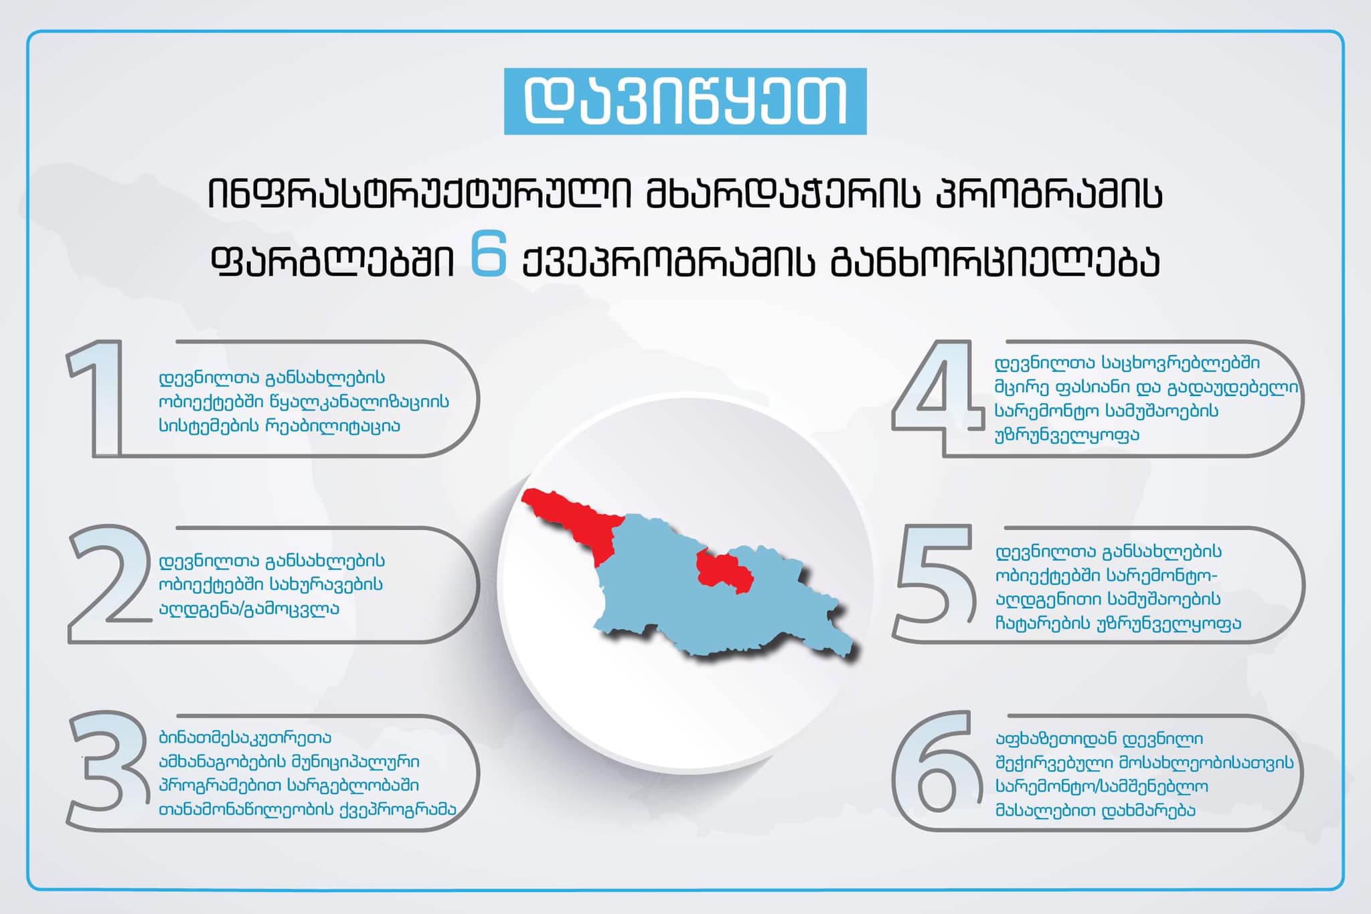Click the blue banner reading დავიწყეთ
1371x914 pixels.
point(685,101)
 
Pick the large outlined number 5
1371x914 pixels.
point(935,583)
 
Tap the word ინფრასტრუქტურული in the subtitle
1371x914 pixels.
point(420,194)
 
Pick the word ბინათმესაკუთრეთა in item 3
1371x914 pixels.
point(245,738)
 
